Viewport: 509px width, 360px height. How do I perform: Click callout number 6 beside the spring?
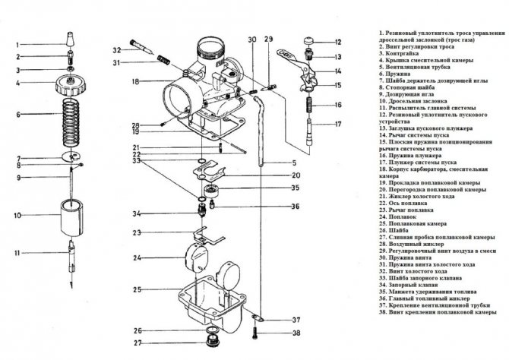pyautogui.click(x=18, y=115)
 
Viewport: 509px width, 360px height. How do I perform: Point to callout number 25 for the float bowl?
pyautogui.click(x=138, y=290)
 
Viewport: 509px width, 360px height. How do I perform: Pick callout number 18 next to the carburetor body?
pyautogui.click(x=134, y=81)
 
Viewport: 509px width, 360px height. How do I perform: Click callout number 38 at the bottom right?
pyautogui.click(x=296, y=333)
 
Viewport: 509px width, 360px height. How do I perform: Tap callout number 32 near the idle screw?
pyautogui.click(x=116, y=50)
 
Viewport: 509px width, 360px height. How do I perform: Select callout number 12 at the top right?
pyautogui.click(x=338, y=42)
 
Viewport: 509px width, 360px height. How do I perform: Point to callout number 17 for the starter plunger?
pyautogui.click(x=338, y=123)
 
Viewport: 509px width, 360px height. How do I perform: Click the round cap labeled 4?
pyautogui.click(x=69, y=82)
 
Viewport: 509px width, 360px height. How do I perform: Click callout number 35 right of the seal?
pyautogui.click(x=295, y=187)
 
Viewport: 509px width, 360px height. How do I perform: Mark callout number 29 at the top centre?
pyautogui.click(x=267, y=38)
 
